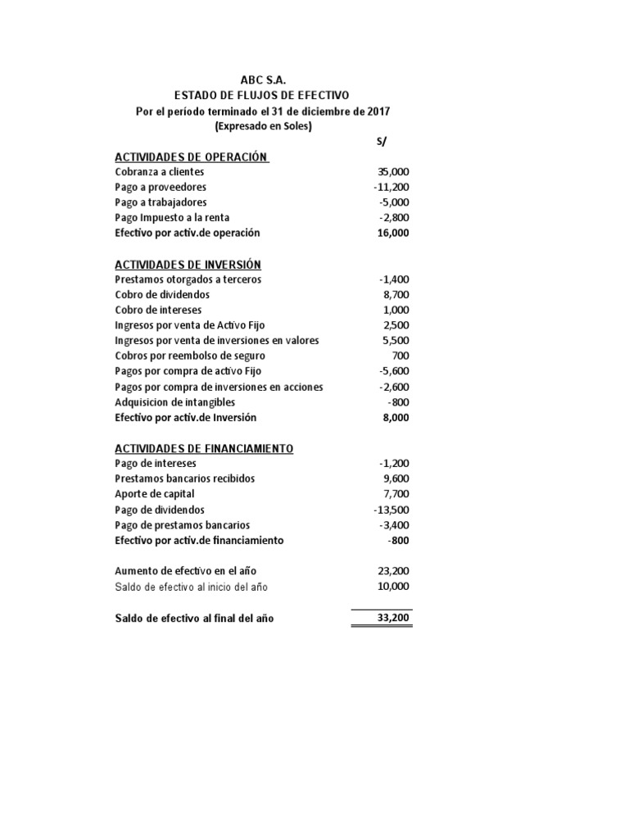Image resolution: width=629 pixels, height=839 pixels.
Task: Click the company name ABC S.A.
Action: point(263,80)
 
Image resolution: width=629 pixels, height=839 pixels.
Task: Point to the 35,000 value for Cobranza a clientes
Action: point(393,172)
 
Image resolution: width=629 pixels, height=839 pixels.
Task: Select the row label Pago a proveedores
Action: point(161,187)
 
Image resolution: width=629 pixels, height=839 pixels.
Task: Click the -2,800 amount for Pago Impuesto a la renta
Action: point(394,218)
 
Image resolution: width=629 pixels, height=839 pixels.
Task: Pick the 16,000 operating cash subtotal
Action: point(393,233)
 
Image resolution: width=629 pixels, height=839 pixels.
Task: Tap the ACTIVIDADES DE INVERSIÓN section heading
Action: point(188,264)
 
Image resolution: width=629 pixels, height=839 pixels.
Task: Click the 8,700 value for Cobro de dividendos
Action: point(396,294)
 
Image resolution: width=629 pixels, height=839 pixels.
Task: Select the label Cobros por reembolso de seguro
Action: point(190,356)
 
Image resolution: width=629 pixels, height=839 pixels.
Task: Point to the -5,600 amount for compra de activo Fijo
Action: point(394,371)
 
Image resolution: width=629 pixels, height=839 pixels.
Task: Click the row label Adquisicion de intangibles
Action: point(175,402)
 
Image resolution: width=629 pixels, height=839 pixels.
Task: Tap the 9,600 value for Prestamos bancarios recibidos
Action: point(396,478)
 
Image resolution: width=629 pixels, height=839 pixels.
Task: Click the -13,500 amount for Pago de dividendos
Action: point(391,510)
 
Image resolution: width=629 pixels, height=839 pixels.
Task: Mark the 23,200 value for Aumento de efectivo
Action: point(393,570)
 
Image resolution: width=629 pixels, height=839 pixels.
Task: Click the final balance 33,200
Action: point(393,619)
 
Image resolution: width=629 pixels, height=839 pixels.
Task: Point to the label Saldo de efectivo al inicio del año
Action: point(191,587)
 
